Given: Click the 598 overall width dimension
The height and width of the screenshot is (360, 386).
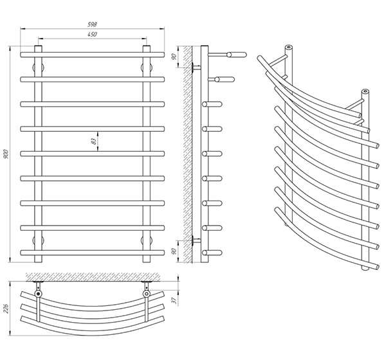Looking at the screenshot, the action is point(92,24).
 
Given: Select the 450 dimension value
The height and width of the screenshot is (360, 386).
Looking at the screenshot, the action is point(92,34).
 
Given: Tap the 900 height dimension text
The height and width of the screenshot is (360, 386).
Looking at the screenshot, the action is point(6,154).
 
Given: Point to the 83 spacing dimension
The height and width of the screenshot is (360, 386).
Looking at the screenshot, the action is point(93,141).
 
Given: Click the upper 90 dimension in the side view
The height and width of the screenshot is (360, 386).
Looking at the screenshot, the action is point(174,57).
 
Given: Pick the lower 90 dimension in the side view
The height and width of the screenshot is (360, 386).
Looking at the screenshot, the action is point(174,251).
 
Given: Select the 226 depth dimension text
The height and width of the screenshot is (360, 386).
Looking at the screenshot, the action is point(6,309).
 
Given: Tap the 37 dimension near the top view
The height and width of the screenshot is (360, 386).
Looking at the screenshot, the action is point(175,300).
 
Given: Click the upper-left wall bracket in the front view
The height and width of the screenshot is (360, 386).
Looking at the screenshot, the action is point(38,67).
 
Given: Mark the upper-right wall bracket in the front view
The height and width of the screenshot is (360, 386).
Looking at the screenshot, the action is point(147,67).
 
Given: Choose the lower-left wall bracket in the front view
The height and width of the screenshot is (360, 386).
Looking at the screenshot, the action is point(38,240).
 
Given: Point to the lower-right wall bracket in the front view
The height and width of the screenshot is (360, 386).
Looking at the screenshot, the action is point(147,240).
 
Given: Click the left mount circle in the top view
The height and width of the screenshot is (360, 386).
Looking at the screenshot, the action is point(38,294).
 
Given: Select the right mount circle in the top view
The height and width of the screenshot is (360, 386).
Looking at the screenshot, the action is point(147,294).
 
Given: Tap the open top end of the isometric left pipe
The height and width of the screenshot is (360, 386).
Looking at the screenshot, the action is point(289,47).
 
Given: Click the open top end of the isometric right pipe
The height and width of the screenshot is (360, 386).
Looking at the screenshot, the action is point(365,91).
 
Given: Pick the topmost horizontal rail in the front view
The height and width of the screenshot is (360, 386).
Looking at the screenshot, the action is point(92,55).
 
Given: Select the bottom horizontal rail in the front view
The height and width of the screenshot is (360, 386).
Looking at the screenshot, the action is point(92,253).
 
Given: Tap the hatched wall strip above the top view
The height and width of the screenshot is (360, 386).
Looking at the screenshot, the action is point(93,277).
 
